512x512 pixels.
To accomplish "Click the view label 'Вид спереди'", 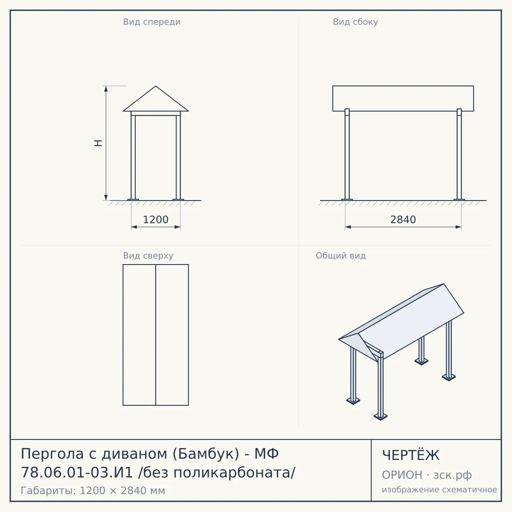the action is (152, 22).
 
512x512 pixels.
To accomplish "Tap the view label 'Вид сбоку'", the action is (355, 22).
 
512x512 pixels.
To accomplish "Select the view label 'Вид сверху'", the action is (148, 256).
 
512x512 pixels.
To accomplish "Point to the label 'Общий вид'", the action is (340, 256).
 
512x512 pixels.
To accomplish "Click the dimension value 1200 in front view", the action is (156, 220).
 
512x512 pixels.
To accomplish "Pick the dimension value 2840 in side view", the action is (403, 220).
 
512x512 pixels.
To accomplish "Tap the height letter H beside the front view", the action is (98, 143).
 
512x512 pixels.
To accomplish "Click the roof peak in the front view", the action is (156, 86).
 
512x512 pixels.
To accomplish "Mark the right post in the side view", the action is (459, 154).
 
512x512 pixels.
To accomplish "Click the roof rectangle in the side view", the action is (403, 98).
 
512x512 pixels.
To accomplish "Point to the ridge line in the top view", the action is (156, 335).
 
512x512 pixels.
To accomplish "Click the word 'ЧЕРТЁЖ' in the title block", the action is (411, 455).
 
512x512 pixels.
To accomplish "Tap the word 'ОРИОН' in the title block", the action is (402, 475).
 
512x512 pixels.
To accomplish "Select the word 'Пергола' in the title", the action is (52, 454).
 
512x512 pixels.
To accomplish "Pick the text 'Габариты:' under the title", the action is (49, 491).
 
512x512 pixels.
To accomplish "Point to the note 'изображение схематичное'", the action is (439, 489).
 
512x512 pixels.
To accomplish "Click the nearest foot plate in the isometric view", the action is (381, 416).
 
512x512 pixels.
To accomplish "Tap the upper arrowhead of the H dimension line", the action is (106, 89).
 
